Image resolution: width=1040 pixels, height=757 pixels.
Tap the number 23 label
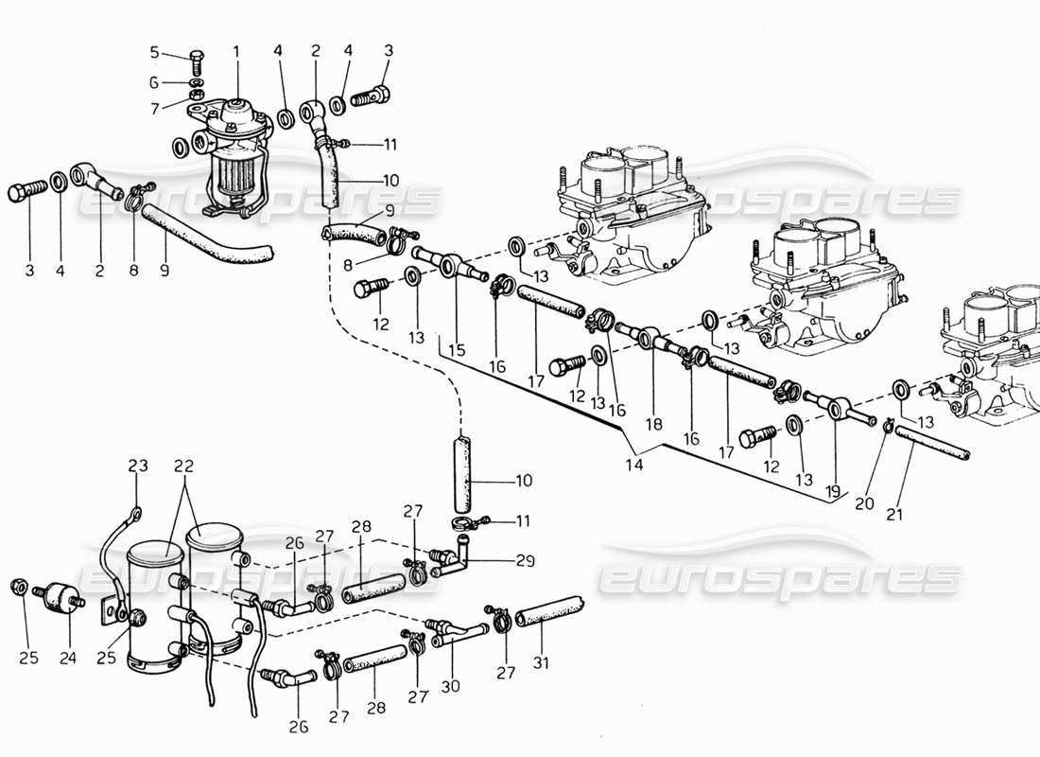point(139,466)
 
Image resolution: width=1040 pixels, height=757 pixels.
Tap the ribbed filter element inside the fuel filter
point(231,180)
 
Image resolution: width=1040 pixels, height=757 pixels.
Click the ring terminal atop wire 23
point(136,513)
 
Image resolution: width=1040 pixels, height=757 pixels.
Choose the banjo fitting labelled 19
point(836,408)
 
